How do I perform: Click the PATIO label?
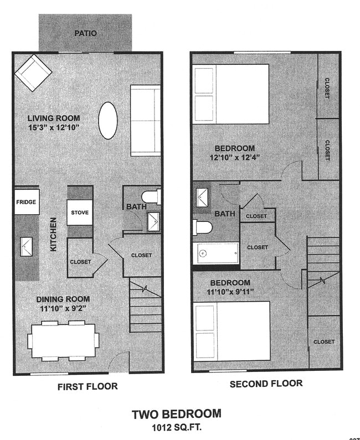coord(85,33)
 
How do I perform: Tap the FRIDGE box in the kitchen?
coord(26,202)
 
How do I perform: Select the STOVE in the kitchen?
coord(80,213)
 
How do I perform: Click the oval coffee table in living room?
coord(107,120)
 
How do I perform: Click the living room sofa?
coord(145,120)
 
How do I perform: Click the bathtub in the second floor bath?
coord(217,253)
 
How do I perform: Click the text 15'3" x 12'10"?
coord(55,127)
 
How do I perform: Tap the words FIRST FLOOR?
coord(88,386)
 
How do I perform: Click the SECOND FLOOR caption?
coord(266,384)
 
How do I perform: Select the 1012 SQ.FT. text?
coord(176,427)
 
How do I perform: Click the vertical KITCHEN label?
coord(54,235)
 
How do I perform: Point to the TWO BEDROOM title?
coord(176,414)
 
